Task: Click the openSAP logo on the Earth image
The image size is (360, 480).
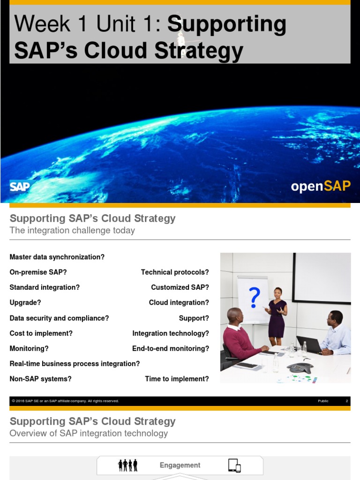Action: (x=321, y=186)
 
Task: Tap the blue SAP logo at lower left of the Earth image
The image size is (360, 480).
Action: (x=20, y=187)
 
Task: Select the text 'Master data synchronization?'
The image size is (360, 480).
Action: (x=57, y=257)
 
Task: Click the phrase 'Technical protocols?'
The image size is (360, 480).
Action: (x=175, y=272)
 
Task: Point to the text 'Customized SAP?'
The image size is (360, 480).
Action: (x=180, y=287)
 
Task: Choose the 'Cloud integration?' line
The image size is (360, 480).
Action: (x=179, y=303)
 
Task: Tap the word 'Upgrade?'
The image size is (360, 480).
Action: (x=25, y=303)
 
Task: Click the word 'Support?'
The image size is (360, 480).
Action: (x=194, y=318)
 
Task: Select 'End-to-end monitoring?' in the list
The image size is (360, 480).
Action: (x=171, y=348)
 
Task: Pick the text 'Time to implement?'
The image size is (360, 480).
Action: (x=177, y=379)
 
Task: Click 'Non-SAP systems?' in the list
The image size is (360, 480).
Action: (x=41, y=379)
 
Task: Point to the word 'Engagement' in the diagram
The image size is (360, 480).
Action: (x=180, y=465)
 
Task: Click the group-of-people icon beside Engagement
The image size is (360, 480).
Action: (x=128, y=465)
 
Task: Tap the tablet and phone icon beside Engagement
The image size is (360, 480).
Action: (x=234, y=465)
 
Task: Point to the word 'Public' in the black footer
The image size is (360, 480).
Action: (x=323, y=401)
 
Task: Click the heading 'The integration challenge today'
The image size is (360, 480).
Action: (x=72, y=230)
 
